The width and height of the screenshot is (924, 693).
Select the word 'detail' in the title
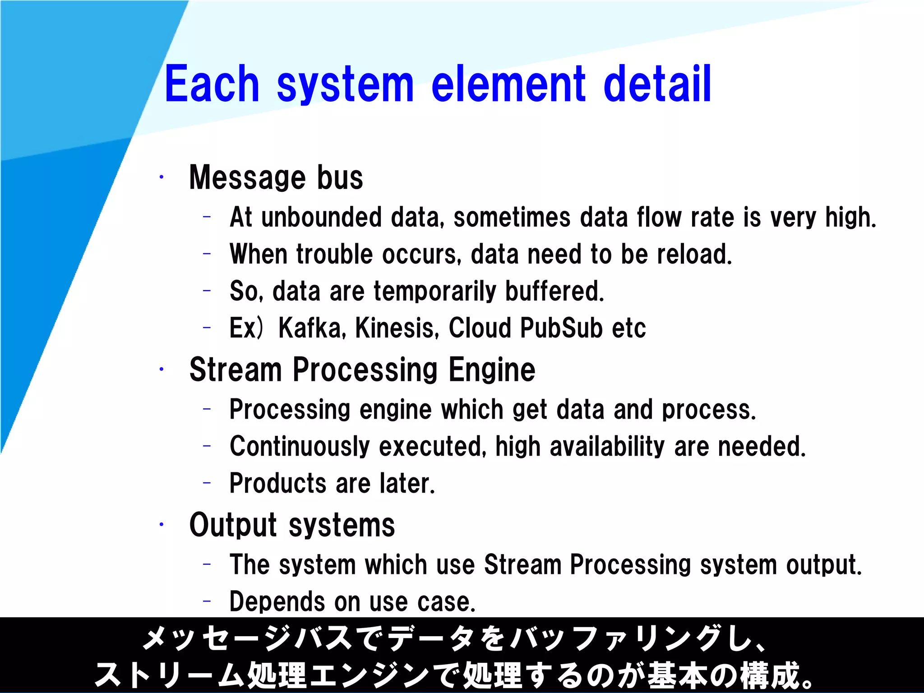click(x=657, y=84)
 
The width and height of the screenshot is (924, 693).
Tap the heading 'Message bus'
click(x=276, y=177)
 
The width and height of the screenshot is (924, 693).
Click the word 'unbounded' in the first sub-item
click(x=321, y=217)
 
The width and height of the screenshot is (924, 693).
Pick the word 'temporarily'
click(x=435, y=291)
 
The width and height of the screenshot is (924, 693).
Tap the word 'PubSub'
click(x=561, y=328)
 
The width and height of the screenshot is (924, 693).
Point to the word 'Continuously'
click(x=300, y=447)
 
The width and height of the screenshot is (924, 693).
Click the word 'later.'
click(x=407, y=483)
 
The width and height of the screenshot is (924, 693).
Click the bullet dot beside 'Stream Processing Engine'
click(x=161, y=370)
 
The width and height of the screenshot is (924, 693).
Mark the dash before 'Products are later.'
click(x=207, y=483)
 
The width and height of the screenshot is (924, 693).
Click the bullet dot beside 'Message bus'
click(x=161, y=177)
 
